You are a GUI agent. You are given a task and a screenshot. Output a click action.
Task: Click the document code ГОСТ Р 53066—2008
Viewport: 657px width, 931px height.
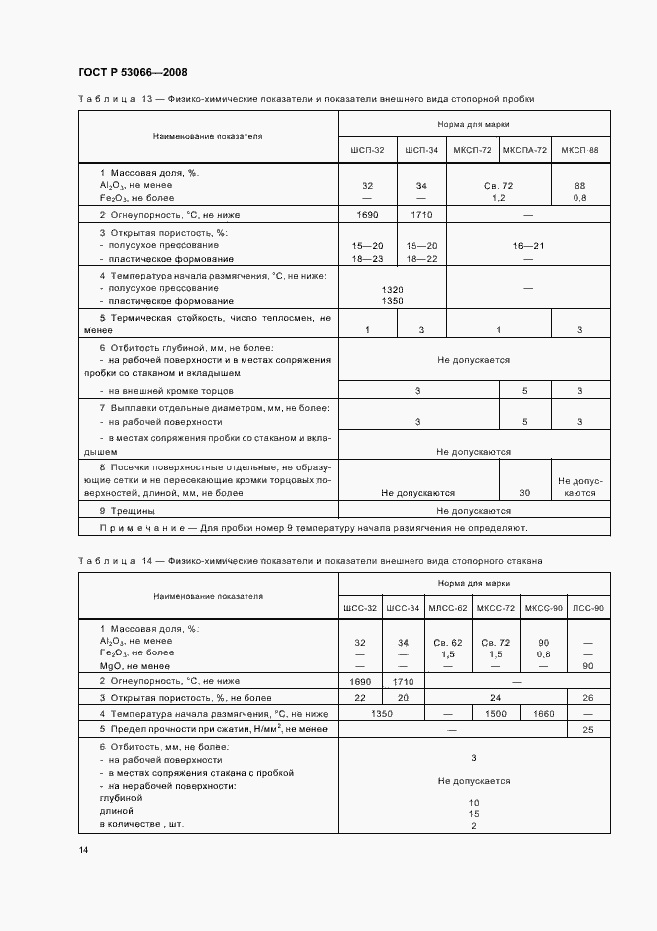click(x=131, y=72)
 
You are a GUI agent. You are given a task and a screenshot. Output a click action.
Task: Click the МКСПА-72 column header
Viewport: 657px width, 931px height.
click(x=524, y=150)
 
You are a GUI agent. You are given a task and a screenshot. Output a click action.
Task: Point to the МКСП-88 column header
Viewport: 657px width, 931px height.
click(x=579, y=150)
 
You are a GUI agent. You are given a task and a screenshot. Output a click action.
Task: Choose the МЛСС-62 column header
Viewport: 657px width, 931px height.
click(x=446, y=608)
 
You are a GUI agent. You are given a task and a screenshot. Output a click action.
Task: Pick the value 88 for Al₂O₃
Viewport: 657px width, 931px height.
click(x=579, y=186)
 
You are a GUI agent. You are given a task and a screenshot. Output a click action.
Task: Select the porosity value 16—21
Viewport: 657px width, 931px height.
click(x=528, y=245)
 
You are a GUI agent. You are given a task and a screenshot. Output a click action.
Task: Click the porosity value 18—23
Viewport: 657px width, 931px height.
click(x=367, y=258)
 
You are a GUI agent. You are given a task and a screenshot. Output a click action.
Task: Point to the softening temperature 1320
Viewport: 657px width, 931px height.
click(x=392, y=288)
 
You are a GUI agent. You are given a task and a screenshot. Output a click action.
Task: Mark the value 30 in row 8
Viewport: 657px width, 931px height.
click(x=524, y=492)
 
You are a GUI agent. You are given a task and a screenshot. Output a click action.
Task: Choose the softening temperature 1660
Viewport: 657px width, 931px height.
click(x=543, y=714)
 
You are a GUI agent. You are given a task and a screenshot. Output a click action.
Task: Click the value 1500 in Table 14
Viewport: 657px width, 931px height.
click(x=495, y=714)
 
